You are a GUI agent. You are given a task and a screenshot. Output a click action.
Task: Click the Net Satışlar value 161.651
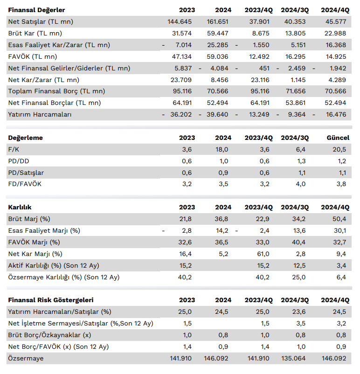pos(217,22)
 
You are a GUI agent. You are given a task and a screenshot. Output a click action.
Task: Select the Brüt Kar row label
pos(35,34)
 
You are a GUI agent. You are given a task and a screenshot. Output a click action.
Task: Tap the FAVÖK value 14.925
pos(336,57)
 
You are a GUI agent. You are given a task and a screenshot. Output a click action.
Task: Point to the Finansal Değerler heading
pos(36,10)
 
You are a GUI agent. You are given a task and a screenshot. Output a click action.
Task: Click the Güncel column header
pos(338,138)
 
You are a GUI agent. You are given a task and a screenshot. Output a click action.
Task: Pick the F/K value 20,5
pos(339,150)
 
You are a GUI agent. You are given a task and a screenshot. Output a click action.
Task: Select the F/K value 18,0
pos(222,150)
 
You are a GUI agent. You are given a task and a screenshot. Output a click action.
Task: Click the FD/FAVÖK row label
pos(25,184)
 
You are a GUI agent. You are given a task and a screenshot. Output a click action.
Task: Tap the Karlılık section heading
pos(20,207)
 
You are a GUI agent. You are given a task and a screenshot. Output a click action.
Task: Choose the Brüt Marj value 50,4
pos(339,219)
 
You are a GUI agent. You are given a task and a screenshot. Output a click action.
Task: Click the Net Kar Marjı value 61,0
pos(263,254)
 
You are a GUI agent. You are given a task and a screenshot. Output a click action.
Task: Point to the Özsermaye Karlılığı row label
pos(64,277)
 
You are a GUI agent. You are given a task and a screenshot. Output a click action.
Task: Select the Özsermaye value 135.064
pos(293,359)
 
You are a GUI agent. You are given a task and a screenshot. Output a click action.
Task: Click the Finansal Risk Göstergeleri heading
pos(51,300)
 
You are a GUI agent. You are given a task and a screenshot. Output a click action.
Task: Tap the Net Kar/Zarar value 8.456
pos(219,80)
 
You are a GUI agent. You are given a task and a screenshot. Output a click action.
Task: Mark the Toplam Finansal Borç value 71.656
pos(295,91)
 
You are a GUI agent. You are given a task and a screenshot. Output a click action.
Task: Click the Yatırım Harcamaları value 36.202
pos(181,115)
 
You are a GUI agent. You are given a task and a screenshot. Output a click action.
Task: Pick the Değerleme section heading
pos(26,138)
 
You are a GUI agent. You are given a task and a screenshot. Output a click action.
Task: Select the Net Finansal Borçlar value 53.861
pos(295,103)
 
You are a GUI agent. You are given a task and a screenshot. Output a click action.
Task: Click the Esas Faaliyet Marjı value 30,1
pos(340,231)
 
